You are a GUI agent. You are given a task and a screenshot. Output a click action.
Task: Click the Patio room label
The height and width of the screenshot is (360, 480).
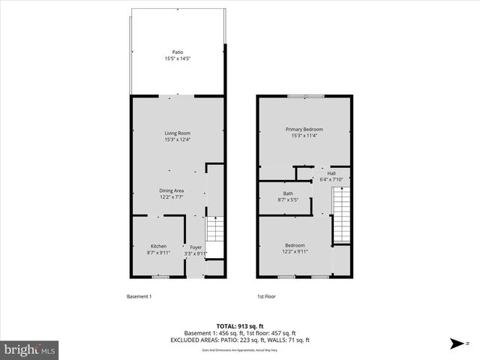click(178, 52)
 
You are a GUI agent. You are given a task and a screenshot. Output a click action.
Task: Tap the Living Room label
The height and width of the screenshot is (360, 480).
click(178, 133)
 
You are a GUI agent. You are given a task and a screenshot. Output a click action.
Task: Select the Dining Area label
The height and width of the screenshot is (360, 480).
click(171, 190)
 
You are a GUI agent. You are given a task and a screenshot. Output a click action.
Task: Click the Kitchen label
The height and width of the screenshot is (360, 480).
click(158, 247)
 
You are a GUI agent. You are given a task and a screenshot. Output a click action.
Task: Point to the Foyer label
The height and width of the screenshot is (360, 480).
click(196, 247)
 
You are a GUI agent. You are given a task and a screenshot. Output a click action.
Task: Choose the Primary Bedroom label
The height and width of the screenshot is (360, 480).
click(304, 130)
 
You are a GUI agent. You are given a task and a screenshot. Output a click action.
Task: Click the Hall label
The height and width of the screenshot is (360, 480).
click(331, 173)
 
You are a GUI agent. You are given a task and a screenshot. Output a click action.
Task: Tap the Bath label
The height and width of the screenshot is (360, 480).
click(288, 193)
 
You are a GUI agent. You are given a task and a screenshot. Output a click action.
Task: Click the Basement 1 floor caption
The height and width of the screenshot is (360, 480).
click(139, 296)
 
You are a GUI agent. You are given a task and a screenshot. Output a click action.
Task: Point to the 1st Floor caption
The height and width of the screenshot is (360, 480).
click(266, 296)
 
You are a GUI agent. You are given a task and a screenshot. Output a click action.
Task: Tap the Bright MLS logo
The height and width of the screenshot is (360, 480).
click(30, 349)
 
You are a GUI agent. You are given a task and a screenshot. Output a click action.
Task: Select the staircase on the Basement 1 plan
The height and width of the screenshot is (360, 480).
click(215, 229)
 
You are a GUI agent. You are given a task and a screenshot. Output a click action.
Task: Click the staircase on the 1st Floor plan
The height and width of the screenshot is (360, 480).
click(341, 215)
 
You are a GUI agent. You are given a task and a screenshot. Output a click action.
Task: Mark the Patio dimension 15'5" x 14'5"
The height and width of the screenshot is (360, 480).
click(178, 58)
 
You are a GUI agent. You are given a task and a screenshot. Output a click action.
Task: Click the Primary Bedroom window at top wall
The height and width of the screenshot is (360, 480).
click(305, 96)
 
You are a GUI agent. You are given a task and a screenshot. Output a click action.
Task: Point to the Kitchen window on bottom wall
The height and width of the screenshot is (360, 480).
click(158, 277)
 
